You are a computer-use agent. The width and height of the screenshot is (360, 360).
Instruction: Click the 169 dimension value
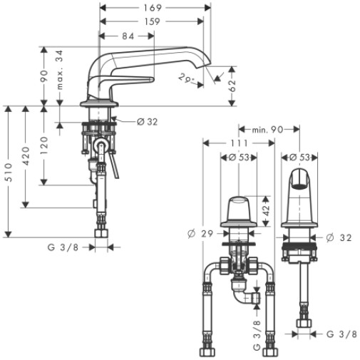click(x=153, y=8)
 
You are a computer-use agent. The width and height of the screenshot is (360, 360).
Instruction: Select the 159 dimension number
click(x=152, y=21)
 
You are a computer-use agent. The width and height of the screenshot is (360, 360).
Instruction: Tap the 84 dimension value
click(x=128, y=36)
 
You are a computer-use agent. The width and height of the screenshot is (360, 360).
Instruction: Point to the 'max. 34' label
click(x=60, y=70)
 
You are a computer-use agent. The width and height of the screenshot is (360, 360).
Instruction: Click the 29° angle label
click(x=185, y=78)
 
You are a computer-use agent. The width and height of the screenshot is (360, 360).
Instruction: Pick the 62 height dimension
click(x=232, y=86)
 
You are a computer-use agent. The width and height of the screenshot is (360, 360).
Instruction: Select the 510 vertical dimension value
click(x=9, y=173)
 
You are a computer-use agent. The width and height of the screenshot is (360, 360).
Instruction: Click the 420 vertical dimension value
click(x=26, y=156)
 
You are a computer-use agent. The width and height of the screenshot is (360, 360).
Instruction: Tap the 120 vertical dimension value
click(x=44, y=145)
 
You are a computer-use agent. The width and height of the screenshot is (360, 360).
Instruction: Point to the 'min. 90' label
click(x=267, y=130)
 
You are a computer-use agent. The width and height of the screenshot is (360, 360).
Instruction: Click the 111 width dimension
click(x=240, y=143)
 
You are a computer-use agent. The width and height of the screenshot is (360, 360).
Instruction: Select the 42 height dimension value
click(x=267, y=210)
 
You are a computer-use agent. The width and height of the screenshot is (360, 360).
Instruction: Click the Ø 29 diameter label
click(x=200, y=234)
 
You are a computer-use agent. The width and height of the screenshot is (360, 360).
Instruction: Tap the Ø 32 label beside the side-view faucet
click(x=148, y=122)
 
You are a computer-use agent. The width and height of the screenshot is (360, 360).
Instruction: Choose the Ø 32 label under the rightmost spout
click(x=339, y=237)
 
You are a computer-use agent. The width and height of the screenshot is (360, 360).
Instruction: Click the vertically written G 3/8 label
click(x=257, y=336)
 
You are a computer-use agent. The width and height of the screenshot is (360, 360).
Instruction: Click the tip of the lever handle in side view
click(x=153, y=80)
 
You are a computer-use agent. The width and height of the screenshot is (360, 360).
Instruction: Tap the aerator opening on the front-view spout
click(x=299, y=185)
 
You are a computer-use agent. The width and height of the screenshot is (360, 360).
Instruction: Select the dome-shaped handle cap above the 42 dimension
click(x=239, y=209)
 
